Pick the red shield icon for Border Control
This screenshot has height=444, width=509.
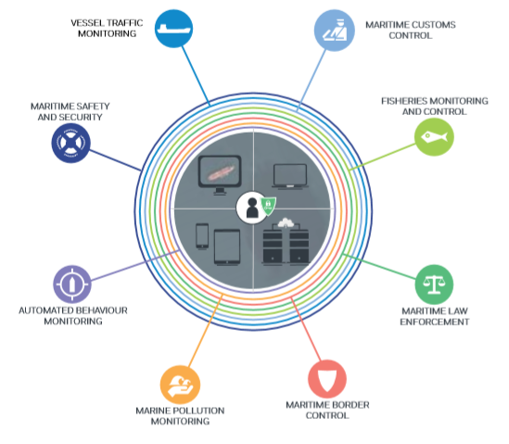point(326,379)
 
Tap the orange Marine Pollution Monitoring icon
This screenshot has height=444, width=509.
point(179,384)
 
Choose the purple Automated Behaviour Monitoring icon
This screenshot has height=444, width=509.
point(72,283)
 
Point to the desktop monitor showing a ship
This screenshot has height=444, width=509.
point(220,175)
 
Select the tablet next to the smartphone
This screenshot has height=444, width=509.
point(227,245)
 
